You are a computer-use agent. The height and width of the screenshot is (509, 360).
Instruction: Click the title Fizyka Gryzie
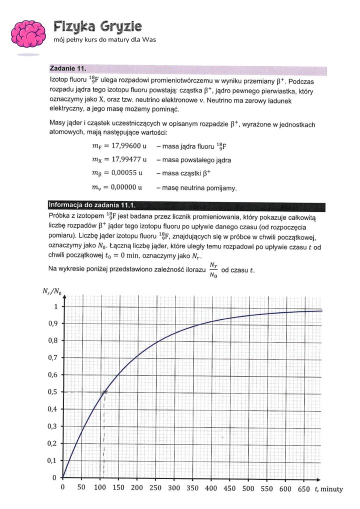point(97,26)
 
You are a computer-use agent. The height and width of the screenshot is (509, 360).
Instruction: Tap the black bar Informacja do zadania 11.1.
point(92,204)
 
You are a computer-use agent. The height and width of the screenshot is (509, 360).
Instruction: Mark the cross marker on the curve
point(104,392)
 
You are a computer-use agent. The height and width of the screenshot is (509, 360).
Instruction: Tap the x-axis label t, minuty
point(328,488)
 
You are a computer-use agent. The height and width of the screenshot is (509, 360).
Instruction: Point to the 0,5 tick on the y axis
point(51,392)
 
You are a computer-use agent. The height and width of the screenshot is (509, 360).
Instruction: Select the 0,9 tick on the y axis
point(51,323)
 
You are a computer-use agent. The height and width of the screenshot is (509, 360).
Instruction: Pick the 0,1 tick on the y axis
point(51,460)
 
